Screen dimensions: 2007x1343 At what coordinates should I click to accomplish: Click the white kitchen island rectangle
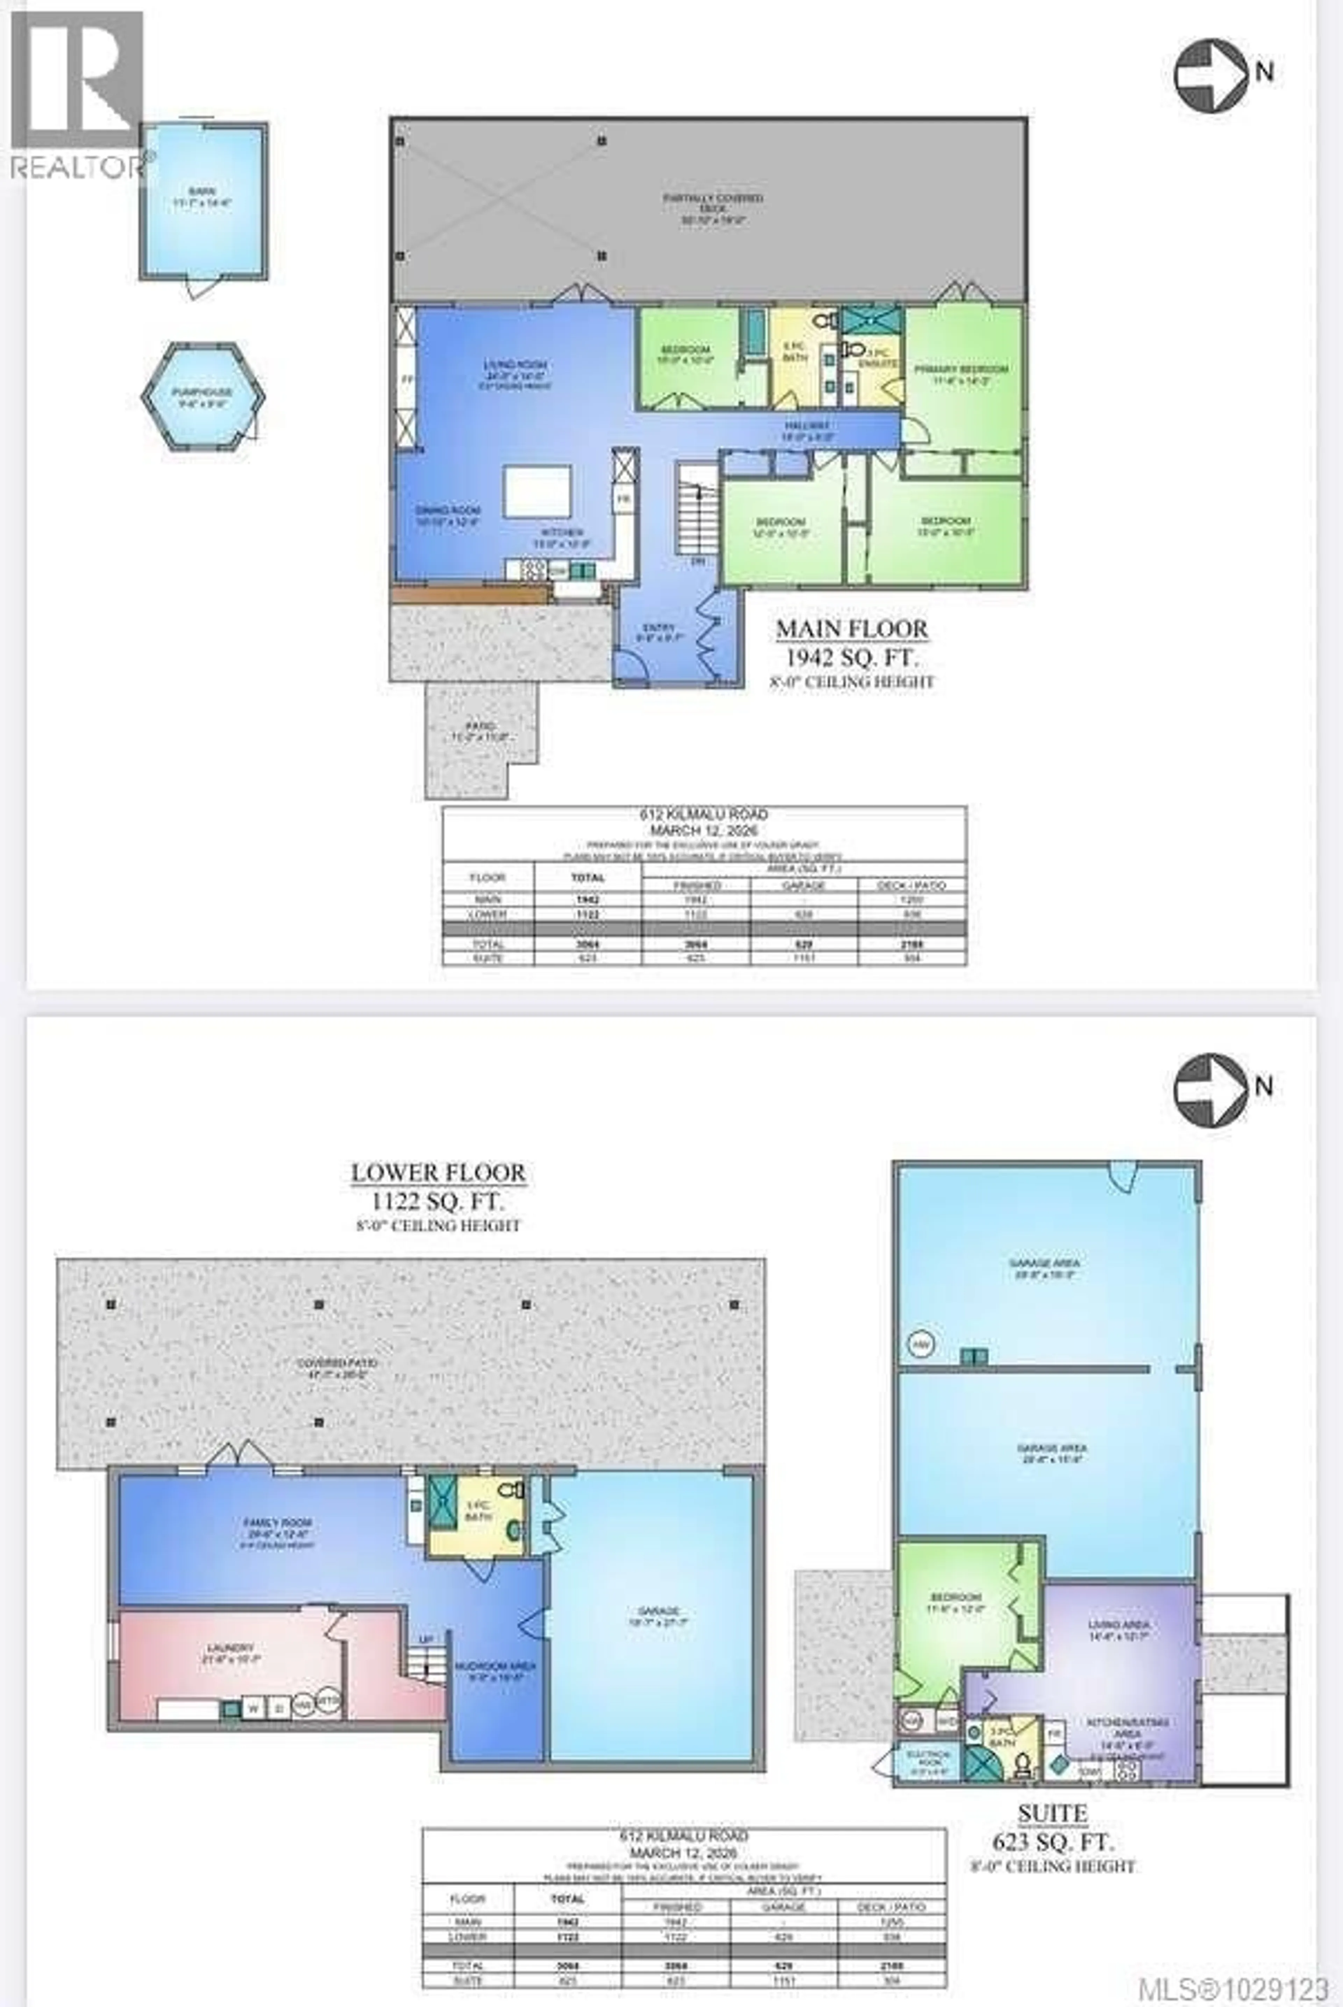click(x=537, y=492)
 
